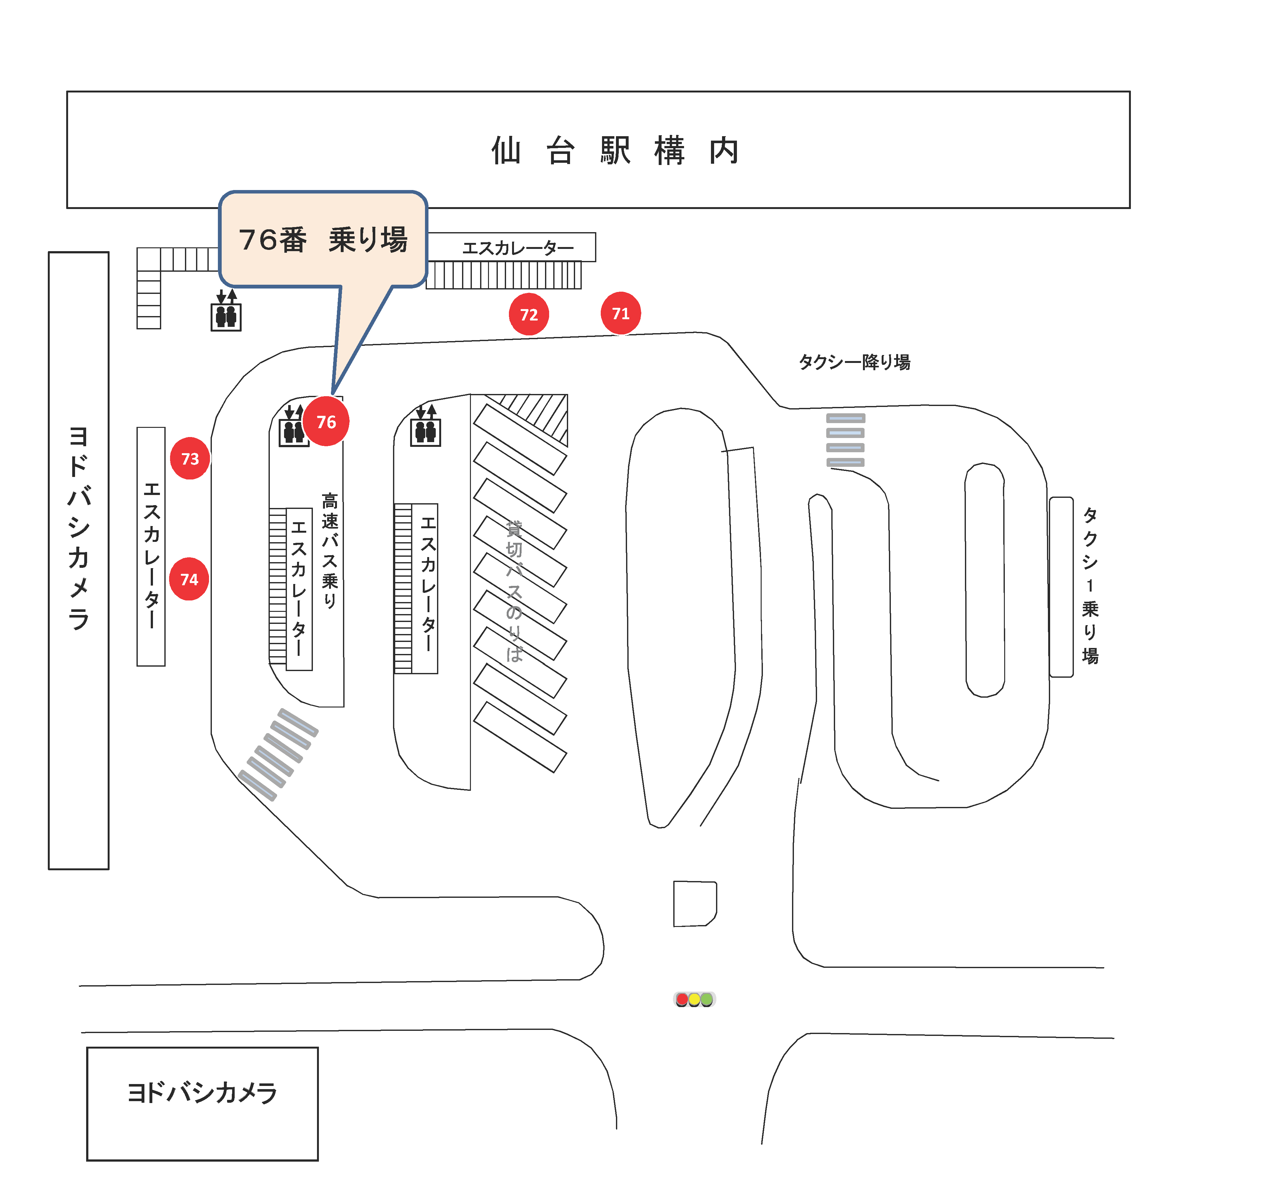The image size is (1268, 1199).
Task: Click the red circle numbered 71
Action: click(621, 313)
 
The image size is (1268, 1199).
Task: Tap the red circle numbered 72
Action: click(529, 314)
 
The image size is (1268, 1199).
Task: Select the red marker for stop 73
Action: click(190, 458)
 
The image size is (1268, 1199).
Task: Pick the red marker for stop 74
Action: click(189, 579)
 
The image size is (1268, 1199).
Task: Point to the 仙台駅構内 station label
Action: click(615, 151)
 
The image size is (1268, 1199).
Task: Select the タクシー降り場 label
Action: click(854, 362)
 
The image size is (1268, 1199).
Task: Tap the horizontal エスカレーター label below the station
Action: click(518, 247)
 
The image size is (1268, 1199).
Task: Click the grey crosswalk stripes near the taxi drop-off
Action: click(845, 440)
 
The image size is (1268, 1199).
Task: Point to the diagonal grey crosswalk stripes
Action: click(278, 754)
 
